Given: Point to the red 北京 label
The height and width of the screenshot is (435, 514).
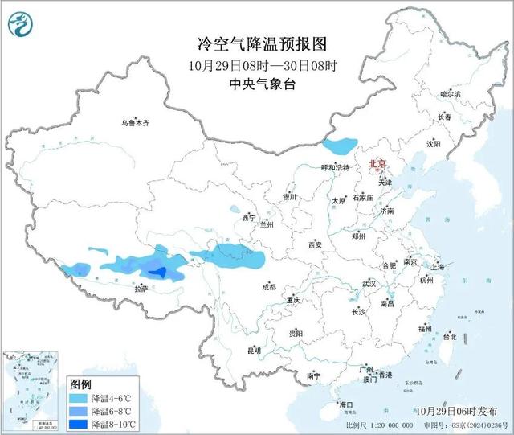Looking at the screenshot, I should (377, 163).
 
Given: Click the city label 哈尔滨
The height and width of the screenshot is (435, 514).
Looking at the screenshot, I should (450, 94).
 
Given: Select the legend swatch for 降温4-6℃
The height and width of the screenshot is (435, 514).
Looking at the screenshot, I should (78, 398).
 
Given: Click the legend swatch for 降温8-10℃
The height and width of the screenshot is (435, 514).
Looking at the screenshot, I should (78, 423).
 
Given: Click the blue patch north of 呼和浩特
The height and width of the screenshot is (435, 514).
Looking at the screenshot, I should (340, 146).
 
